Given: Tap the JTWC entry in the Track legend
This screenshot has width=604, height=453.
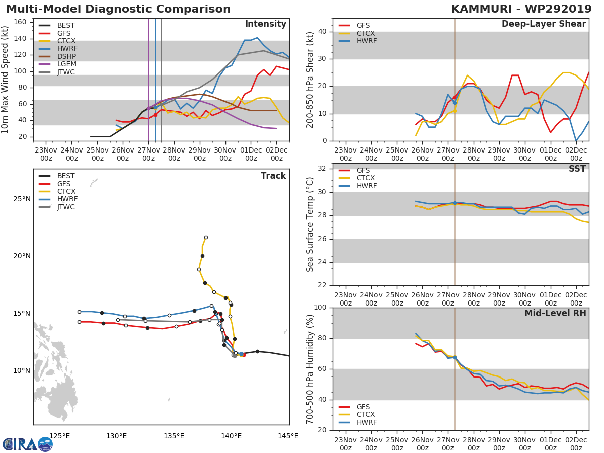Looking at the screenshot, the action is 57,207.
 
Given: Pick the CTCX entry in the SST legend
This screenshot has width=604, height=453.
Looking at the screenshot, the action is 357,178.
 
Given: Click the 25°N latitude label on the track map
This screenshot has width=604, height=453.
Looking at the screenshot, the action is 22,199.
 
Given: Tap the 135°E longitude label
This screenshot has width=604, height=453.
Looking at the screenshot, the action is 174,436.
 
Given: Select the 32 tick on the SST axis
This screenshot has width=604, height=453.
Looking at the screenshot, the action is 322,168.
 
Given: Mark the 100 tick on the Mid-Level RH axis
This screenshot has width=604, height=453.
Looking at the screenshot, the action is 320,307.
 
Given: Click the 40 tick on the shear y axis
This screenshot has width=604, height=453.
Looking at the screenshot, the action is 322,31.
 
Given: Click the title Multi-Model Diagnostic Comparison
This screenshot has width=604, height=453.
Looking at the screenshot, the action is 118,9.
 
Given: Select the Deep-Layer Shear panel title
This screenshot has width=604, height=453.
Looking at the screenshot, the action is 544,24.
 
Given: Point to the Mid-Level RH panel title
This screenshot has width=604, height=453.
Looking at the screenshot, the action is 555,313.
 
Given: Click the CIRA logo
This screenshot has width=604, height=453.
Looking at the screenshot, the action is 28,444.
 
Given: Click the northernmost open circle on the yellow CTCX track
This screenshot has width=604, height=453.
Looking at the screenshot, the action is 206,238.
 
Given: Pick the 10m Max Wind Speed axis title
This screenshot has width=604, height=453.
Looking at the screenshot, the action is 4,80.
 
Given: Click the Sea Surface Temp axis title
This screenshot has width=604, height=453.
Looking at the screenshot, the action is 310,224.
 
